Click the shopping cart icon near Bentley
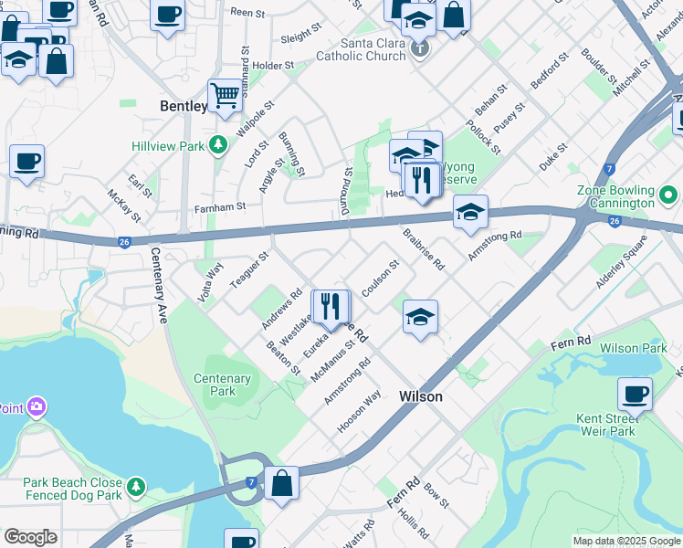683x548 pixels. (x=225, y=95)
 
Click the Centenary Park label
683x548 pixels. (x=222, y=385)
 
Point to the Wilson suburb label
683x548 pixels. (x=421, y=396)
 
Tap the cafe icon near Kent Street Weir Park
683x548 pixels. (x=635, y=394)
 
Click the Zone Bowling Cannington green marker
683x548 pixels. (x=668, y=195)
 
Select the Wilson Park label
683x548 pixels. (x=633, y=348)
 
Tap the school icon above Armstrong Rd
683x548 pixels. (x=470, y=213)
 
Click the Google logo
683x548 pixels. (x=30, y=537)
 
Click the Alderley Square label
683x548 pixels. (x=620, y=263)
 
